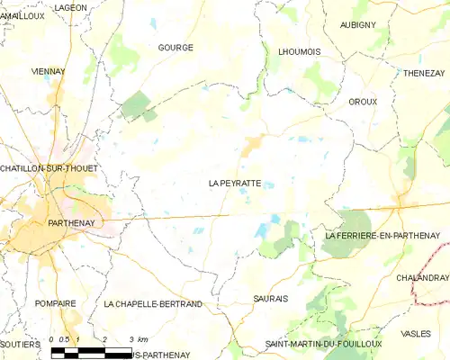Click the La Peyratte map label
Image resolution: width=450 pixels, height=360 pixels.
235,183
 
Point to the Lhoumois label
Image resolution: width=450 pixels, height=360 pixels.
300,52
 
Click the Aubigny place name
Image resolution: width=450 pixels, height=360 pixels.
357,24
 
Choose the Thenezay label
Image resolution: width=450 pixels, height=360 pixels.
425,72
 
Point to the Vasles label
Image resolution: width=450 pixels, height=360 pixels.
416,333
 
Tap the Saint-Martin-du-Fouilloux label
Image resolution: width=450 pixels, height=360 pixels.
323,344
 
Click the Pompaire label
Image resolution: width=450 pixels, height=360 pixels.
55,304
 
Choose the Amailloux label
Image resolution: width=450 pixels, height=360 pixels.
22,16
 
